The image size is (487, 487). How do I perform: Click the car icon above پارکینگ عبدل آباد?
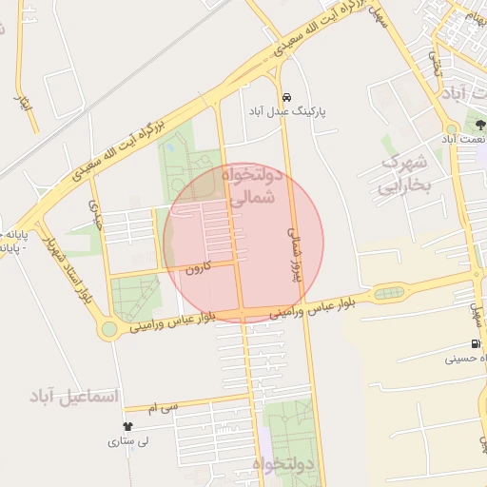[286, 97]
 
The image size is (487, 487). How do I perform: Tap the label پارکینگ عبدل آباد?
[286, 112]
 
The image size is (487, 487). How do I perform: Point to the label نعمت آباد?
[460, 139]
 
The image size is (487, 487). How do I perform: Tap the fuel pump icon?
[475, 344]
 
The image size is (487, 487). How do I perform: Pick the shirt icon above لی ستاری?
[127, 427]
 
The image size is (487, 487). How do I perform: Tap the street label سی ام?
[164, 407]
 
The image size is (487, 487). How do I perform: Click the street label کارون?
[196, 268]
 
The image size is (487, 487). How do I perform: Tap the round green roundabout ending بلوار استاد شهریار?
[109, 329]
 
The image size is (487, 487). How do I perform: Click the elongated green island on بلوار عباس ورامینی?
[388, 293]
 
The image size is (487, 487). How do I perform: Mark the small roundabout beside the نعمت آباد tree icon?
[451, 127]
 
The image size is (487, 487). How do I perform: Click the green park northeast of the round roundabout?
[134, 296]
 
